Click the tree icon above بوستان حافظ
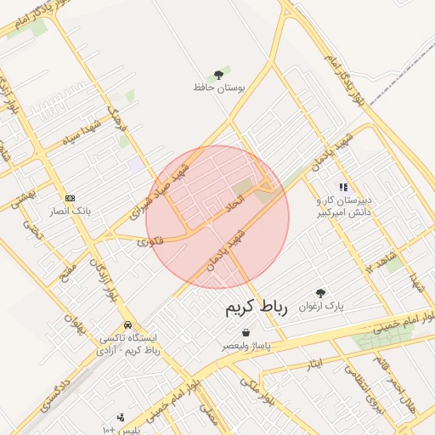click(219, 75)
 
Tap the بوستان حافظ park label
click(219, 88)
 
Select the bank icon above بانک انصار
click(70, 197)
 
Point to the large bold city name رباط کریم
click(256, 308)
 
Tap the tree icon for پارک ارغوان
click(320, 293)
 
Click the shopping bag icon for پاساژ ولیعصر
click(246, 333)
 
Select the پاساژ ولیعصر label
click(246, 346)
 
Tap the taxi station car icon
click(127, 325)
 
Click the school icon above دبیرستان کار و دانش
click(343, 187)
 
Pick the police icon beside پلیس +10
click(121, 417)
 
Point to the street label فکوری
click(150, 242)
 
